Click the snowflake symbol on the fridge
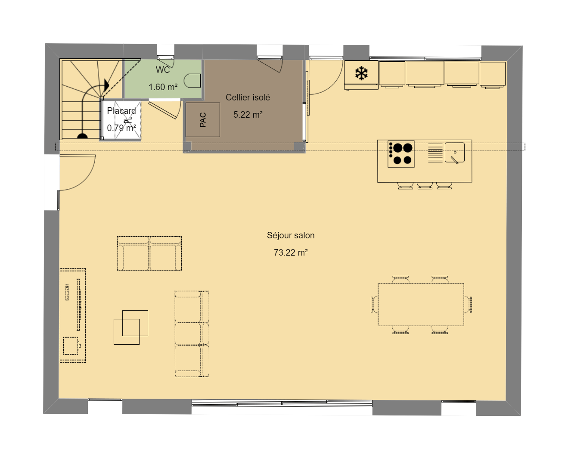[361, 73]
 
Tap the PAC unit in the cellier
[203, 119]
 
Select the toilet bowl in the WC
[192, 81]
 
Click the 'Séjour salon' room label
[291, 235]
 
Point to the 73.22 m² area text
[291, 253]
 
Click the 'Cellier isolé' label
[248, 97]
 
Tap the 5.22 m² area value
[248, 115]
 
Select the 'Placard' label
[121, 110]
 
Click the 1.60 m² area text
[163, 87]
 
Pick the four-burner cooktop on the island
[401, 154]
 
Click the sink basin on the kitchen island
[455, 153]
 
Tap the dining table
[421, 304]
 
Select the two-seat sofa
[149, 253]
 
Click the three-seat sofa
[192, 334]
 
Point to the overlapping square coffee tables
[130, 328]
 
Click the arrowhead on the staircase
[107, 85]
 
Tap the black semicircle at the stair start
[82, 136]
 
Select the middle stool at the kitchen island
[425, 186]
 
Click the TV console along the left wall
[72, 315]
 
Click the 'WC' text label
[163, 70]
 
